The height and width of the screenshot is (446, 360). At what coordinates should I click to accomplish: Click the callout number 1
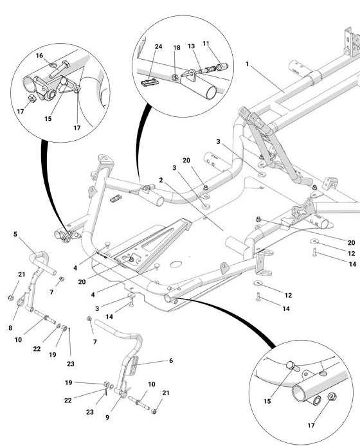(x=247, y=64)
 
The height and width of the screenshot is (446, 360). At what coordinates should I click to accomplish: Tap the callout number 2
(x=161, y=180)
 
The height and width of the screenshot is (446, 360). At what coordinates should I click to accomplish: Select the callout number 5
(x=15, y=234)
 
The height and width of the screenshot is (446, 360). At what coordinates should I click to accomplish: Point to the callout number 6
(x=171, y=361)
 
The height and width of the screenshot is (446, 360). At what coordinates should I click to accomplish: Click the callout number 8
(x=10, y=328)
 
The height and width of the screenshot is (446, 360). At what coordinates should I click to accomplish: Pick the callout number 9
(x=107, y=417)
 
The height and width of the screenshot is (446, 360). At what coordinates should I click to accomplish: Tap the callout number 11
(x=206, y=44)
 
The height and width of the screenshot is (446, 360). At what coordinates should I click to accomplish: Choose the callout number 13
(x=191, y=46)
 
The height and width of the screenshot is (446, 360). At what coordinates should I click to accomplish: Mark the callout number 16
(x=39, y=55)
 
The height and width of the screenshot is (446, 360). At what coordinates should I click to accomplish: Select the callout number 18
(x=177, y=48)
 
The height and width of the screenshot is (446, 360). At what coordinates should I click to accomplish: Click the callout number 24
(x=159, y=46)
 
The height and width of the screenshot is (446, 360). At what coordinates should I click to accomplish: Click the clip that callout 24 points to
(x=149, y=82)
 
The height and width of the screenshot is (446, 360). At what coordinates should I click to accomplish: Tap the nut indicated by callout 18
(x=175, y=77)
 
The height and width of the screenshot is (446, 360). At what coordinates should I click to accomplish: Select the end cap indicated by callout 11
(x=222, y=67)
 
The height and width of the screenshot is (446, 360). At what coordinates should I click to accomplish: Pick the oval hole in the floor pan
(x=176, y=264)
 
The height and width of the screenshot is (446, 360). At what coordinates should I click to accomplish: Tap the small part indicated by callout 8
(x=20, y=302)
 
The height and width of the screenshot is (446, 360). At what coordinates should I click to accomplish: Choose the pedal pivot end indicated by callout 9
(x=122, y=394)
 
